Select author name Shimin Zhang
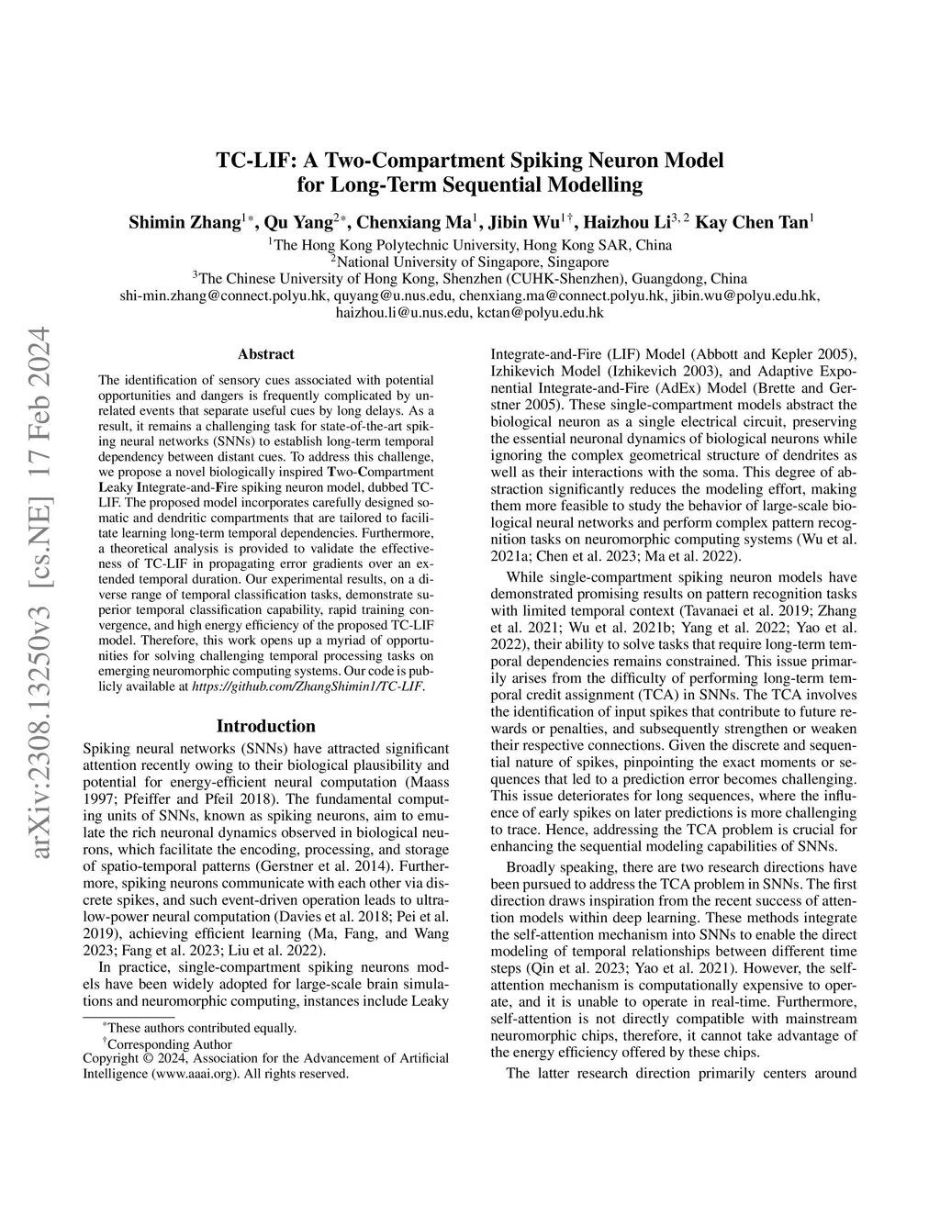point(185,222)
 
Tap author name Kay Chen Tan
point(752,222)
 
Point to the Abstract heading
point(266,354)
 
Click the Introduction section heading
point(266,726)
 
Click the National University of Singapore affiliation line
point(470,262)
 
